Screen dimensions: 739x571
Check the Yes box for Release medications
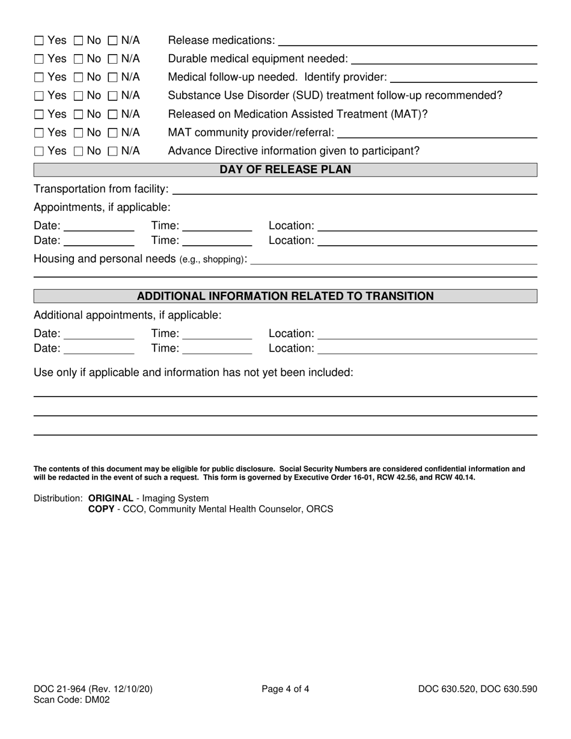point(39,41)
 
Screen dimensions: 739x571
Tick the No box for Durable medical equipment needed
point(78,59)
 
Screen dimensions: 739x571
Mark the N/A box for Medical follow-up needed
point(113,78)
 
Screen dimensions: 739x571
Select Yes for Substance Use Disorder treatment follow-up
point(39,96)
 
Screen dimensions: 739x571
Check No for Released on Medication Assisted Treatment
point(78,115)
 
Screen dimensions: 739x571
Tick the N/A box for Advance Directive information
point(113,151)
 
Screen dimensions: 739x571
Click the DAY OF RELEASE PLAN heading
point(285,170)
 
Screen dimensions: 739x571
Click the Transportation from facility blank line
point(355,190)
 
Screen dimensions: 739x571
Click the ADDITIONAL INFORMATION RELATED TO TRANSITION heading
point(285,296)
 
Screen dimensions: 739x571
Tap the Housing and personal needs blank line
point(393,260)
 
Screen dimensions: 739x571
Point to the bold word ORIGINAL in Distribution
point(111,498)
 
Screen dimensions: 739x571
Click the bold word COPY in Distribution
point(101,509)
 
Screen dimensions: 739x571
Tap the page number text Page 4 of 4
point(285,689)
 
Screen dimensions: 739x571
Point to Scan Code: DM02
point(72,699)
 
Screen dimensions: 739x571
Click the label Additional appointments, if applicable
point(127,315)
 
